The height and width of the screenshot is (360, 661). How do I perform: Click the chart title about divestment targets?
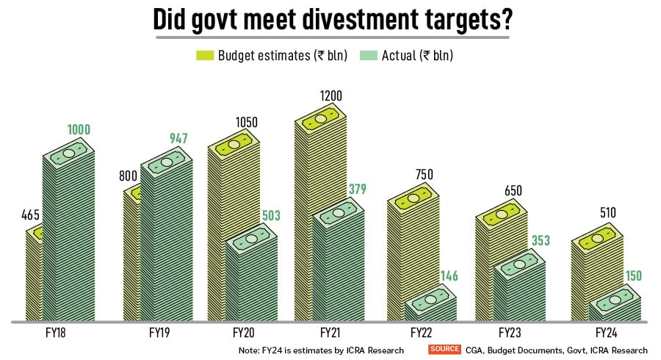pyautogui.click(x=332, y=20)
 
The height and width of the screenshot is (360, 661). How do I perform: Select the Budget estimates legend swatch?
pyautogui.click(x=203, y=56)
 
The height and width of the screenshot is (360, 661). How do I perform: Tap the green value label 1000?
pyautogui.click(x=79, y=130)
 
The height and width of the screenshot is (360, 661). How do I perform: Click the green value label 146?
pyautogui.click(x=449, y=276)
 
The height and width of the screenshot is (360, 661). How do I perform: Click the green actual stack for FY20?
pyautogui.click(x=250, y=279)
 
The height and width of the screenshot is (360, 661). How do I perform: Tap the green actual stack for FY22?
pyautogui.click(x=430, y=307)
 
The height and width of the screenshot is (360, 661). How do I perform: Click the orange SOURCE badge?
pyautogui.click(x=444, y=350)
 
